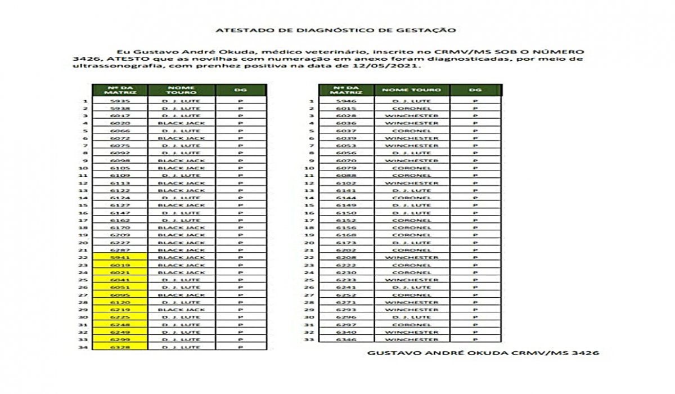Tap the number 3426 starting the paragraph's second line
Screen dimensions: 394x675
click(x=83, y=59)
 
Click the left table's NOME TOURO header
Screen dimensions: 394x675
click(x=181, y=90)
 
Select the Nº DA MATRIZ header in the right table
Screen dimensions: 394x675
click(x=346, y=90)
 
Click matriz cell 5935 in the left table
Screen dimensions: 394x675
click(x=120, y=101)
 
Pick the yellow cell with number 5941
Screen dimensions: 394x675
click(x=120, y=258)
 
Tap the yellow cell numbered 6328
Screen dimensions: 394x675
click(x=120, y=347)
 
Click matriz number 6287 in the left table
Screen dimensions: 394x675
click(x=120, y=250)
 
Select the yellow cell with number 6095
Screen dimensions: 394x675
click(x=120, y=295)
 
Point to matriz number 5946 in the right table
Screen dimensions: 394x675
click(x=346, y=101)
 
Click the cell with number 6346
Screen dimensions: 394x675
click(x=346, y=339)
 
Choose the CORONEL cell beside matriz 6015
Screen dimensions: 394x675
click(x=412, y=109)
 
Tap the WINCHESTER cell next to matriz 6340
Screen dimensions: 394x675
click(x=412, y=332)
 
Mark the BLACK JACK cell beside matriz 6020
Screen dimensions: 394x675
click(x=181, y=123)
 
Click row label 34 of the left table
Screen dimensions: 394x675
click(x=84, y=347)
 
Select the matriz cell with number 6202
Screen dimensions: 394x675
click(x=346, y=250)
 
